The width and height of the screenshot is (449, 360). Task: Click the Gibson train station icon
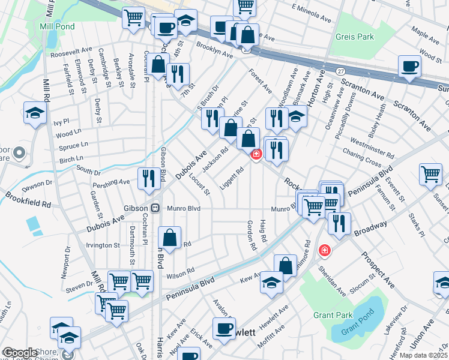coord(155,208)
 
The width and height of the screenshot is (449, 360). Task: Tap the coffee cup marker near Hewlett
coord(224,329)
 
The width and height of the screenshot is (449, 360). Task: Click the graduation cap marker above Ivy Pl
coord(35,112)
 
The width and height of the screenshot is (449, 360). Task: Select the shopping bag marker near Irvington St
coord(170,237)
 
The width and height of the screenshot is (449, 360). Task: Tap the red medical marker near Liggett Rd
coord(256,155)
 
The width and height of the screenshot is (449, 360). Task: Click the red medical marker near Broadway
coord(325,249)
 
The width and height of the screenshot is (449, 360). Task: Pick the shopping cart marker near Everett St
coord(431,175)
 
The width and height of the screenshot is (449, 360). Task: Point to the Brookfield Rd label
coord(28,200)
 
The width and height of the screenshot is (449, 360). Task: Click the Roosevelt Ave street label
coord(71,53)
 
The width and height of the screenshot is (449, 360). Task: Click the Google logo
coord(20,353)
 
